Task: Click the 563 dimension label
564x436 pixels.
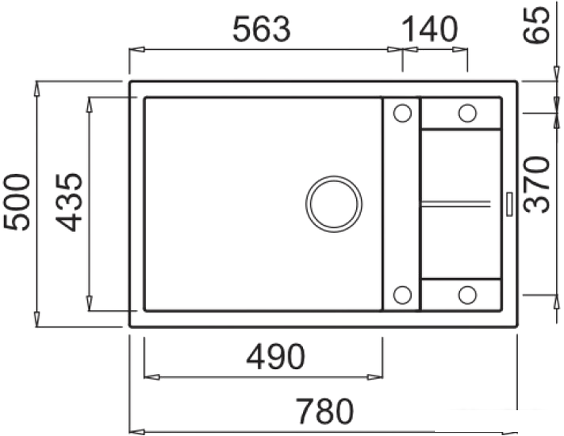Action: click(261, 30)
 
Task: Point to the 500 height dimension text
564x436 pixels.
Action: click(18, 201)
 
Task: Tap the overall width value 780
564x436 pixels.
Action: click(324, 411)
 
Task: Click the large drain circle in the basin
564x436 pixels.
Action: click(334, 203)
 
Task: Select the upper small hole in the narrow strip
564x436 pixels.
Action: click(401, 114)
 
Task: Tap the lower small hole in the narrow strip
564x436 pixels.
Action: click(401, 294)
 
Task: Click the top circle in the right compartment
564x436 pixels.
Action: click(467, 113)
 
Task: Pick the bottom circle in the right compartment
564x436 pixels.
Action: click(467, 294)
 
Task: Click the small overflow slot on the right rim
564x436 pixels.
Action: click(509, 203)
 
